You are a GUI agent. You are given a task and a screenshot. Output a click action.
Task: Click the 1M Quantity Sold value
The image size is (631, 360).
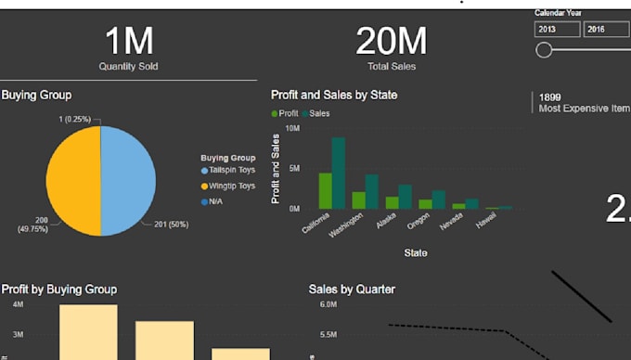click(128, 42)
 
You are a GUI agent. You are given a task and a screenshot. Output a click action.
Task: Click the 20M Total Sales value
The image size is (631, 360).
click(391, 42)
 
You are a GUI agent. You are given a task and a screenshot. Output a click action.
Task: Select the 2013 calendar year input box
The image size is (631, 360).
click(557, 29)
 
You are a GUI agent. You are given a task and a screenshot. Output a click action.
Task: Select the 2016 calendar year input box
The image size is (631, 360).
click(606, 29)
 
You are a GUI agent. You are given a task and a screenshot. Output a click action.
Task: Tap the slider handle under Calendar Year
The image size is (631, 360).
click(545, 50)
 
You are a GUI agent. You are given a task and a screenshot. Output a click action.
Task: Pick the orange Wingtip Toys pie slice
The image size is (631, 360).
click(73, 181)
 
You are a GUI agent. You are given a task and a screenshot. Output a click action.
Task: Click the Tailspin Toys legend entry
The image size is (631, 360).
click(233, 171)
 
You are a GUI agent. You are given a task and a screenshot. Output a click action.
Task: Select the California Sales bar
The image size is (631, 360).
click(339, 174)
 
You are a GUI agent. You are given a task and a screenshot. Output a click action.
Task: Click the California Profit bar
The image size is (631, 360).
click(325, 190)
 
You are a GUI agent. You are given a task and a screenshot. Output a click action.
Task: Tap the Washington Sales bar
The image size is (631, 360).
click(372, 191)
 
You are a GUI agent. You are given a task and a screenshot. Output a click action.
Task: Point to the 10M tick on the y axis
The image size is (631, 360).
click(292, 128)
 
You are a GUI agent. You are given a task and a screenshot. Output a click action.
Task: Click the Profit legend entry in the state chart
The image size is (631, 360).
click(287, 113)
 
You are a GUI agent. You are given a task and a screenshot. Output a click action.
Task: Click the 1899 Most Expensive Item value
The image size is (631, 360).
click(551, 96)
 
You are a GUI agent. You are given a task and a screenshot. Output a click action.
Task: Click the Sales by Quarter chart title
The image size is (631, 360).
click(352, 289)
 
